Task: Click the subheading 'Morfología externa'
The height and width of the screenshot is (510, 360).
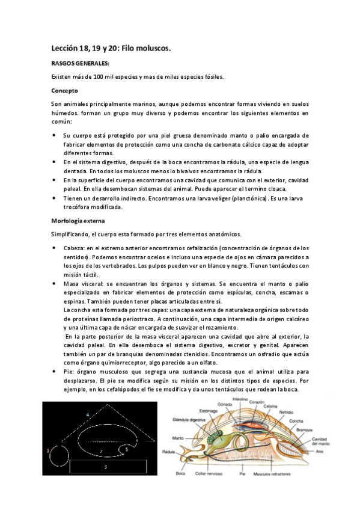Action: (78, 220)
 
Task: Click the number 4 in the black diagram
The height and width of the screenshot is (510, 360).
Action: (87, 414)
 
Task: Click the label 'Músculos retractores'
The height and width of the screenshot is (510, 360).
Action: (282, 491)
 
